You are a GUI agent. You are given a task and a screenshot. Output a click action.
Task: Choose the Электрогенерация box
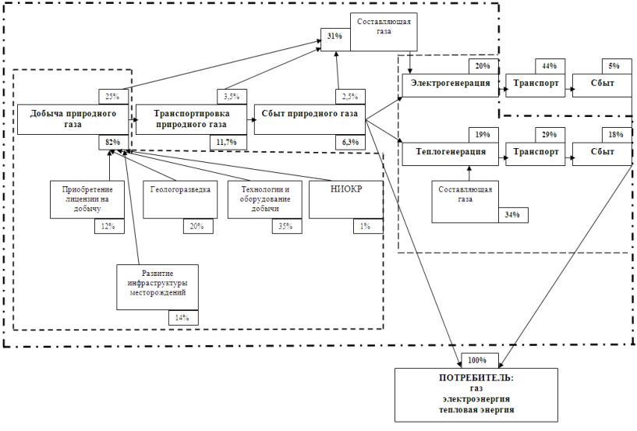[450, 83]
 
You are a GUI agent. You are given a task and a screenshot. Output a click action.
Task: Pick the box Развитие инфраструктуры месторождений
[156, 288]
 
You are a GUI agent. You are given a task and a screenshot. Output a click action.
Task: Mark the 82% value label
[114, 142]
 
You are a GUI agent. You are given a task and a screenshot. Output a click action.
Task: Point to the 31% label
[334, 37]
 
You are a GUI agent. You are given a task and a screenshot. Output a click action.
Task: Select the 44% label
[549, 67]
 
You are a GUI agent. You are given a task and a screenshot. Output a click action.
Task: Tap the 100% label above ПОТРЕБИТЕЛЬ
[477, 360]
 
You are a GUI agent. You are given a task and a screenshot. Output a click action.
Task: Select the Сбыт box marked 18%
[601, 152]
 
